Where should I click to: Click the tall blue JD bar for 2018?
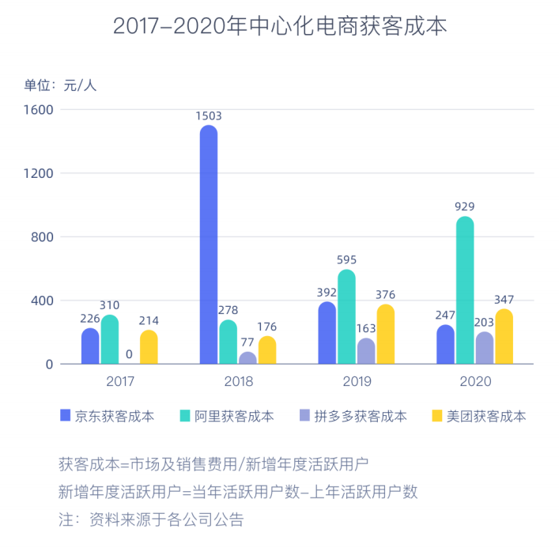coord(209,245)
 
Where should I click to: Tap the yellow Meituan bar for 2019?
coord(386,334)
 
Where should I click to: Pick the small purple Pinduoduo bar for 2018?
coord(247,358)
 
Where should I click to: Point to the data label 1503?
coord(209,115)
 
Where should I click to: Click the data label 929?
coord(465,206)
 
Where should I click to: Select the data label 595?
coord(346,259)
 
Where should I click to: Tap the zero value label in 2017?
coord(129,353)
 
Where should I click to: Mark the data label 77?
coord(247,342)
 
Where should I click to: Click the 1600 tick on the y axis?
coord(38,109)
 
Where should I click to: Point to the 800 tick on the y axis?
coord(42,236)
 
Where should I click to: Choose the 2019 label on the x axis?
coord(357,381)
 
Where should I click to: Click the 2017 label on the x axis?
coord(120,381)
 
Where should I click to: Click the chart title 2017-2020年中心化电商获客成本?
coord(280,26)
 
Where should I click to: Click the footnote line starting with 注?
coord(151,520)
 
